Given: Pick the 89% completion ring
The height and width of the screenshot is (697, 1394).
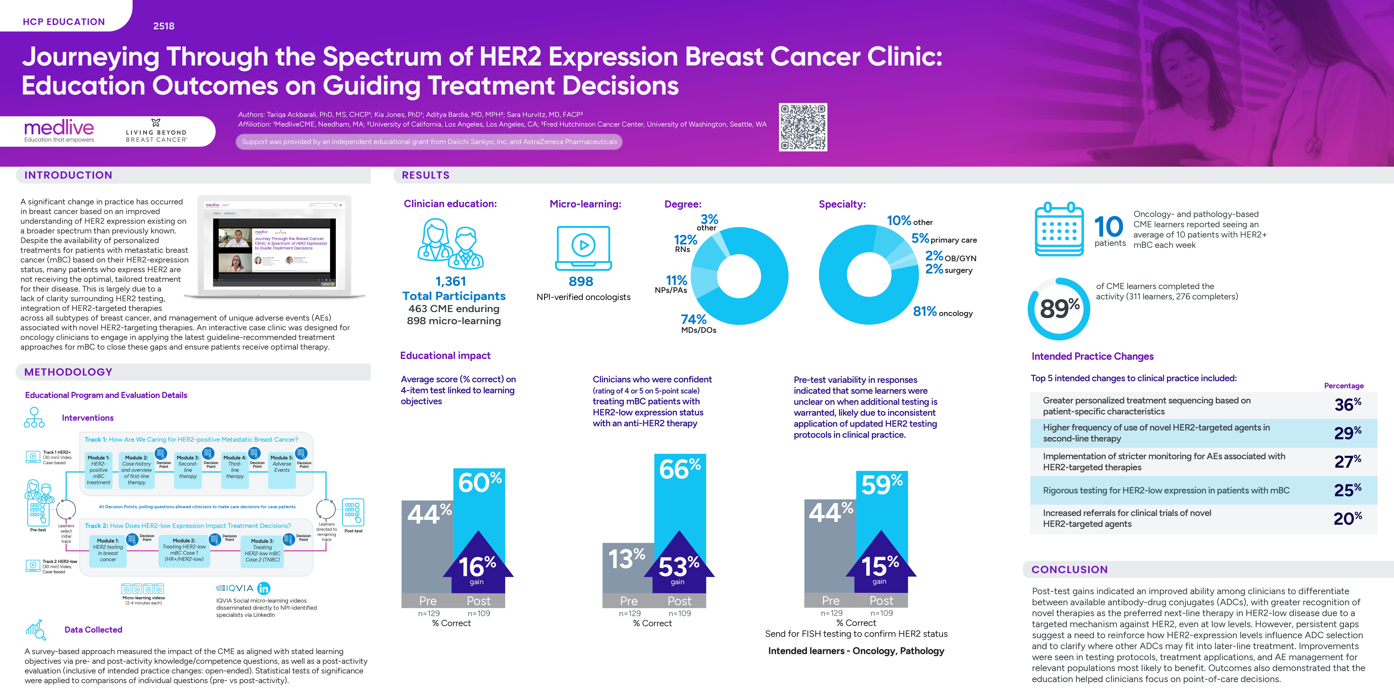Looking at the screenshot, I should [x=1059, y=308].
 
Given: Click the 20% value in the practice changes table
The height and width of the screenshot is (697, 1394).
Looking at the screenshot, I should [x=1347, y=518].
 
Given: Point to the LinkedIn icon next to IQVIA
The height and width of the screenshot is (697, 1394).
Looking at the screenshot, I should [x=263, y=588].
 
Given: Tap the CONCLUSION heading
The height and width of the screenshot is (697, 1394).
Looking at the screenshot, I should [x=1069, y=569].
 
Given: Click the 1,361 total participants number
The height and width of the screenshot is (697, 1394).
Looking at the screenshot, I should [x=451, y=281].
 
